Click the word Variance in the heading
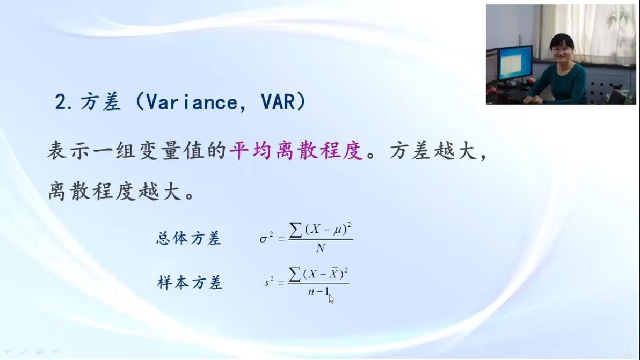click(191, 102)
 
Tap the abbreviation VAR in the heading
click(278, 102)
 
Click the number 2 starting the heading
click(61, 102)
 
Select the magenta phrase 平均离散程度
click(296, 151)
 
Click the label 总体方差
click(188, 238)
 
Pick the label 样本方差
click(190, 283)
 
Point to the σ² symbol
click(266, 238)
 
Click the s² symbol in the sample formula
click(268, 281)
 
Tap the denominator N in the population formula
click(321, 248)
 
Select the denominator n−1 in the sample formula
click(319, 291)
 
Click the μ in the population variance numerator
click(338, 230)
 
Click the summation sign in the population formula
click(295, 230)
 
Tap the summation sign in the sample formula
click(294, 274)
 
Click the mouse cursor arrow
click(331, 299)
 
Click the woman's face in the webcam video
click(563, 49)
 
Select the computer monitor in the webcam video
click(515, 63)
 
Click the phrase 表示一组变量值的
click(137, 151)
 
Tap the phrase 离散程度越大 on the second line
click(115, 191)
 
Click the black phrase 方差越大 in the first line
click(433, 151)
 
